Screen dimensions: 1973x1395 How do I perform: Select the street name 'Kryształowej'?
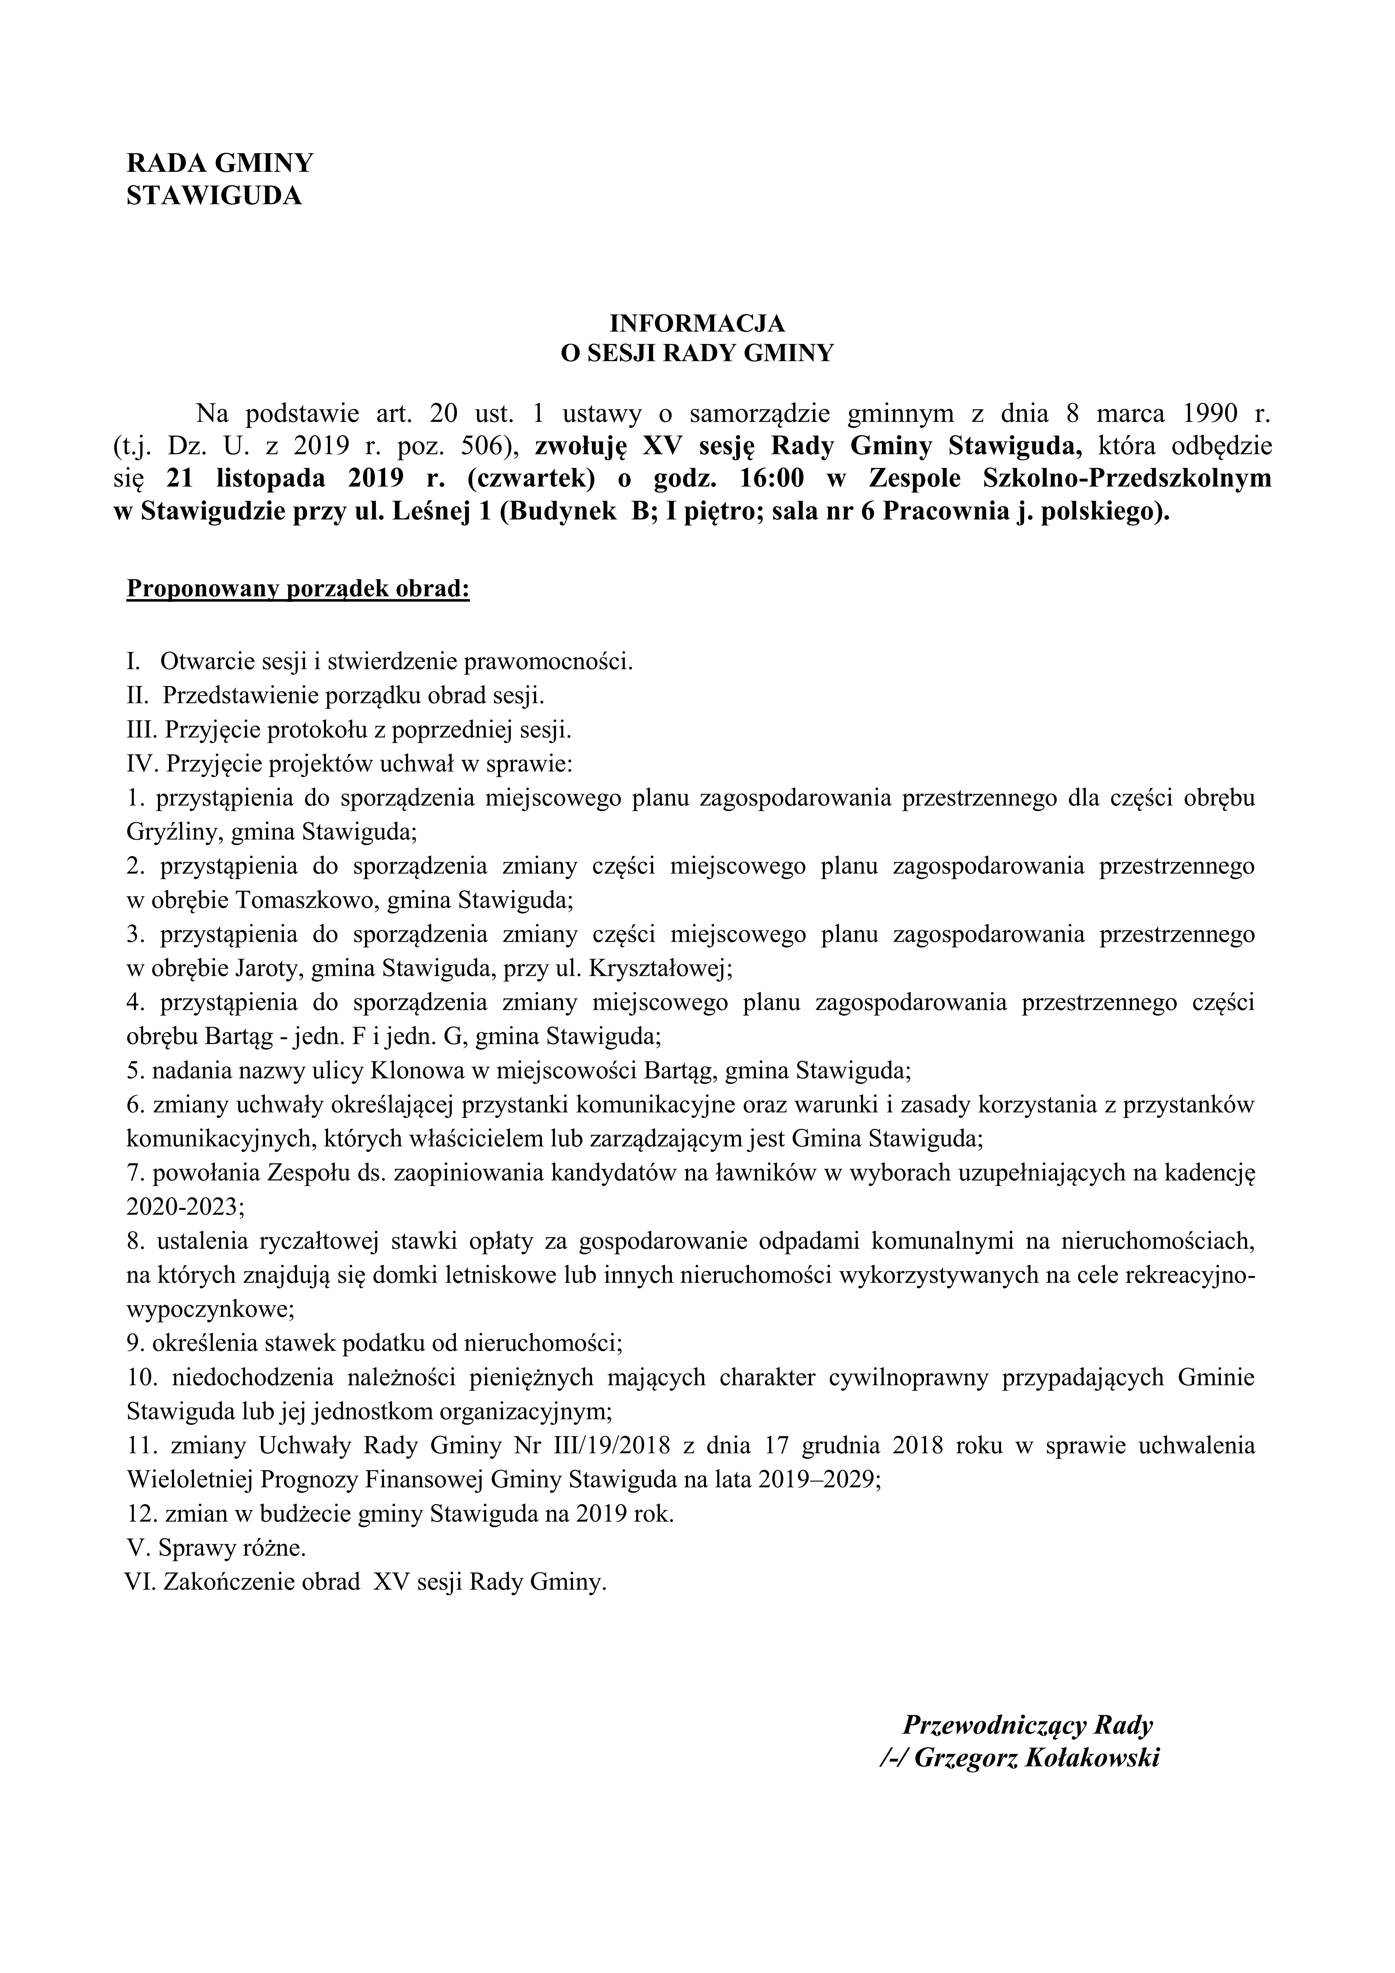[x=660, y=969]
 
